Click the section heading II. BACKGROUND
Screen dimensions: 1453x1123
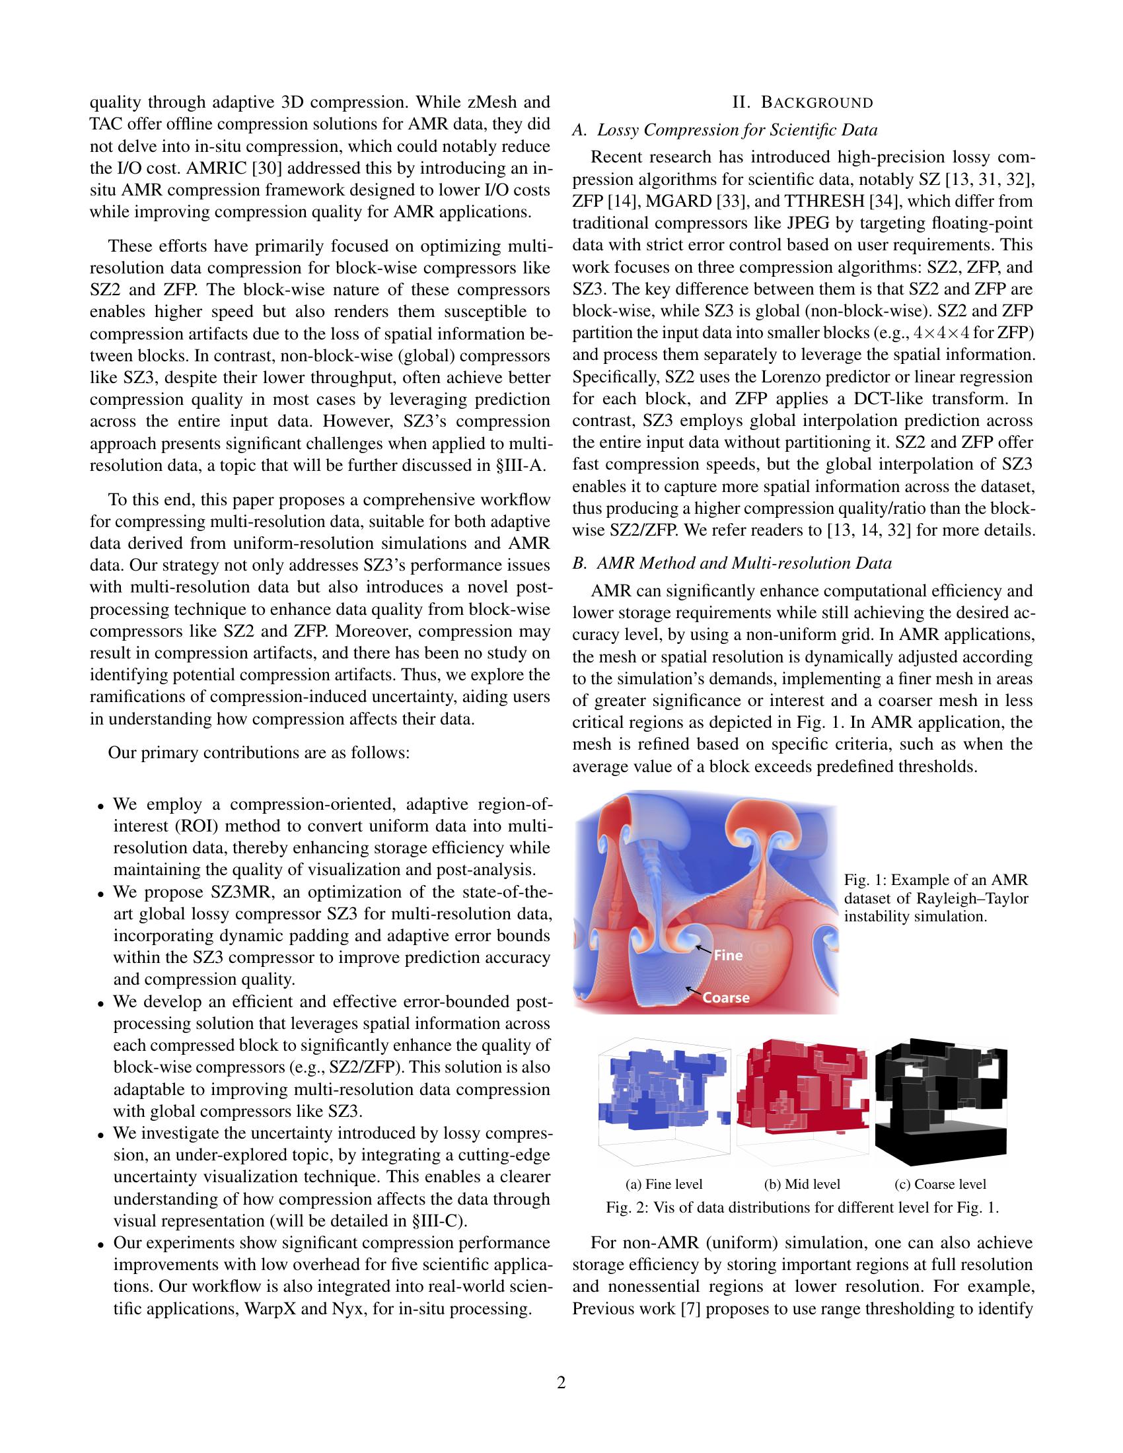pos(803,102)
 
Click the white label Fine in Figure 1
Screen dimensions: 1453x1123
pos(728,956)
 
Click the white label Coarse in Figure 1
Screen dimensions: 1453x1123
pos(726,998)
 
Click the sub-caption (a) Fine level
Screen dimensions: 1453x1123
pos(664,1184)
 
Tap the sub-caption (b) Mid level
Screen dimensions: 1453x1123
pos(803,1184)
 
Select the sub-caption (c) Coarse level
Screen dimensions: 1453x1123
pos(941,1184)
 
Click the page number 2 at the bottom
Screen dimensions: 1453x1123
pos(561,1383)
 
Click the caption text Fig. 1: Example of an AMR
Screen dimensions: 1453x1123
pos(935,880)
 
